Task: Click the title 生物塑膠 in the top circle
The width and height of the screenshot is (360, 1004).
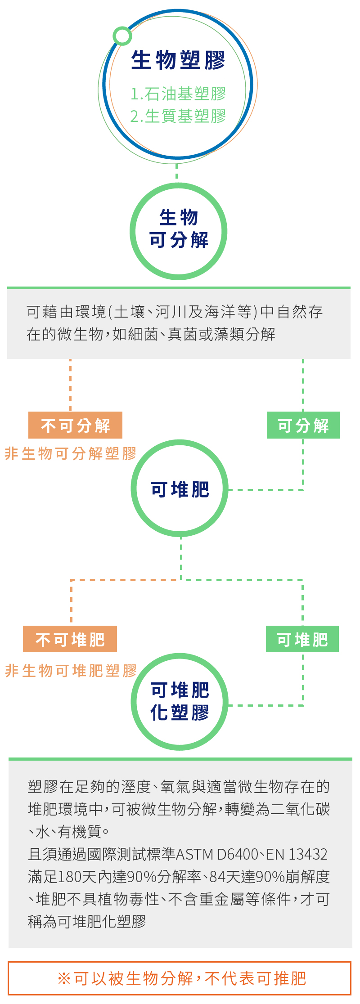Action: [x=178, y=60]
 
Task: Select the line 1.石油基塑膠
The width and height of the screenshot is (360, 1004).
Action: [x=178, y=94]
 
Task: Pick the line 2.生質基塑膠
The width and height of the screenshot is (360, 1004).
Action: [x=178, y=116]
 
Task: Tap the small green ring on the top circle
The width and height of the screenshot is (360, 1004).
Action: [x=122, y=36]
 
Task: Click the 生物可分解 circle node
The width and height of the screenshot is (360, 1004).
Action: [x=179, y=231]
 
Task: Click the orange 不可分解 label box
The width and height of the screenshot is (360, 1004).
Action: [x=75, y=425]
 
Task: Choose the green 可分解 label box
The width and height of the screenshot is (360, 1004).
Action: [x=303, y=425]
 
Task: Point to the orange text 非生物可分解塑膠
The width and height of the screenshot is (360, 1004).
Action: [x=71, y=453]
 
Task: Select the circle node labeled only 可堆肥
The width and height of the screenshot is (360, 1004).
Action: [x=180, y=489]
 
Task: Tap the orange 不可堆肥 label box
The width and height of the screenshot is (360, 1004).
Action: [x=70, y=639]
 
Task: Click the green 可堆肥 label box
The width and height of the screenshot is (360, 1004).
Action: [x=302, y=639]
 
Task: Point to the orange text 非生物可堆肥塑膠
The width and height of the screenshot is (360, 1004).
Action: [x=71, y=671]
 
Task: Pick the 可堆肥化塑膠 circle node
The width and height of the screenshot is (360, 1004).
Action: [x=180, y=701]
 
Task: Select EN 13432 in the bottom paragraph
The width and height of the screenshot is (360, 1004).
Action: [x=297, y=854]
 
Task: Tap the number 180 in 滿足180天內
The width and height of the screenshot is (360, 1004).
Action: [x=69, y=876]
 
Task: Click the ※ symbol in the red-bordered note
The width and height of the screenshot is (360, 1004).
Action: [x=64, y=978]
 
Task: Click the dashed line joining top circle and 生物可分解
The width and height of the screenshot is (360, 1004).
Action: [x=176, y=171]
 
